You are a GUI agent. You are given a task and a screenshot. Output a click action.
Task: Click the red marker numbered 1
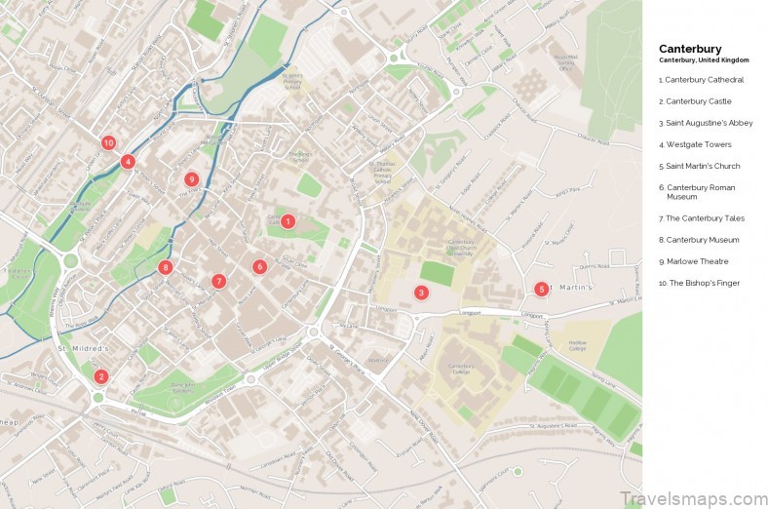[x=288, y=221]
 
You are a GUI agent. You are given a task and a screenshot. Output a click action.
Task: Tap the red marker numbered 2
[x=100, y=376]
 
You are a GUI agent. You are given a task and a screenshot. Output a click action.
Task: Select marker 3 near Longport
[x=421, y=293]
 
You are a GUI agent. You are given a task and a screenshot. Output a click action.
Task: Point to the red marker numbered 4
[x=128, y=162]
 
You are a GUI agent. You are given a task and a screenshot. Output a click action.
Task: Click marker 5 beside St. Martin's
[x=541, y=289]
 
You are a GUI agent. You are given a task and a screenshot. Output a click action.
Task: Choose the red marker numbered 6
[x=259, y=266]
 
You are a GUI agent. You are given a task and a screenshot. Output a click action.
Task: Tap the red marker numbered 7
[x=218, y=281]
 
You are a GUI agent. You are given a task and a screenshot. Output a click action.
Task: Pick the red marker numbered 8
[x=166, y=267]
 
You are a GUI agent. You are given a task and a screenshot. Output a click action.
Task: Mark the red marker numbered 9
[x=191, y=179]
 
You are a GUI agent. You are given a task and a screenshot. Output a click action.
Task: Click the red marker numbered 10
[x=108, y=143]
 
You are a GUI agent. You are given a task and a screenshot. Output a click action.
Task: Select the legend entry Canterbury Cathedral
[x=701, y=80]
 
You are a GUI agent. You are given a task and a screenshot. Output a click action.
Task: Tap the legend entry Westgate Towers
[x=694, y=144]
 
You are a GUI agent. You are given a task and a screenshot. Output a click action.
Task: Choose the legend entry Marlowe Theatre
[x=693, y=261]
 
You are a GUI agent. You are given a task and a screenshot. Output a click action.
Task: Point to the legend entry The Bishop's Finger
[x=699, y=283]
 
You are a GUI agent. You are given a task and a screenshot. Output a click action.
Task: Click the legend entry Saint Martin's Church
[x=699, y=166]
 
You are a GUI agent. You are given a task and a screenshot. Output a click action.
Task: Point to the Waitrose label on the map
[x=377, y=360]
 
